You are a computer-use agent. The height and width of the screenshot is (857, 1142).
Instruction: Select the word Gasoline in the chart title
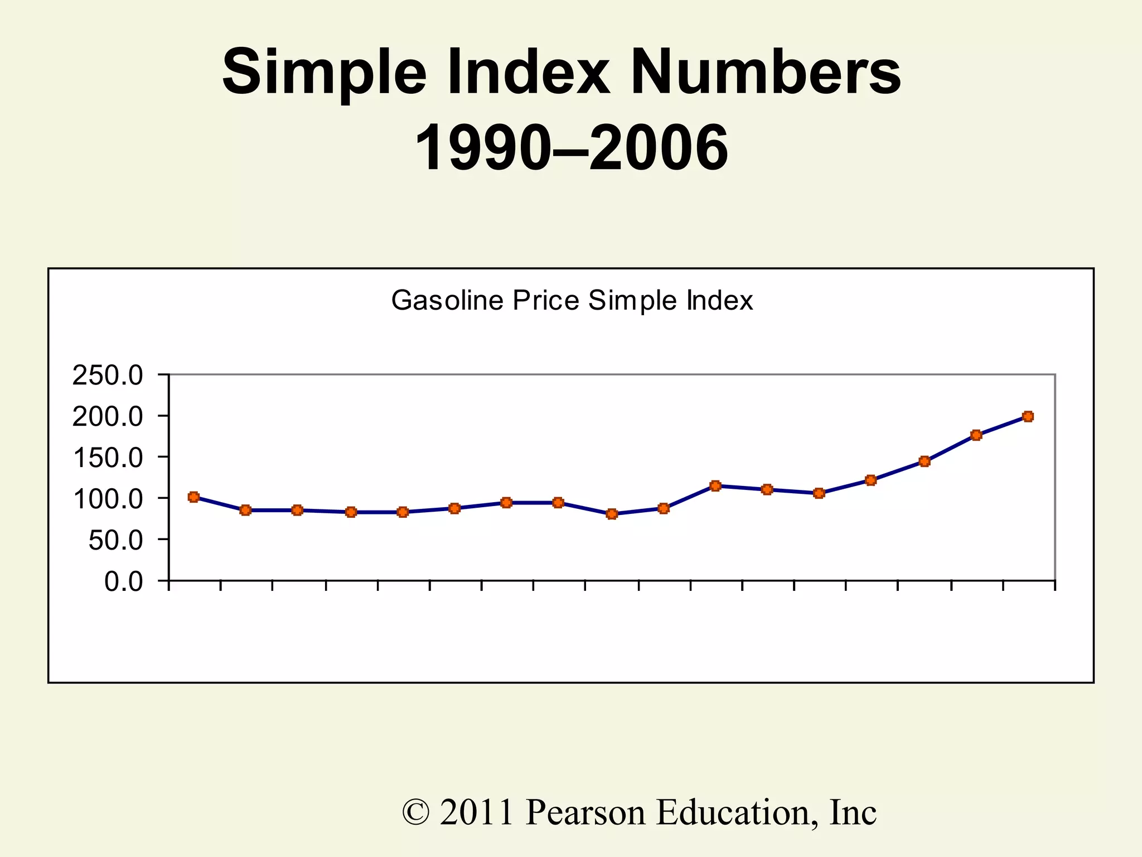(x=447, y=301)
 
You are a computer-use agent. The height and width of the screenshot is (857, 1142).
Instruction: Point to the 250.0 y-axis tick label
(x=108, y=376)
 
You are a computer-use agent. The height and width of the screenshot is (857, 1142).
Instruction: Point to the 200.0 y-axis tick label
(x=108, y=417)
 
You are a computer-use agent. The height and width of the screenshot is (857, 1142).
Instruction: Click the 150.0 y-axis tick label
(x=108, y=458)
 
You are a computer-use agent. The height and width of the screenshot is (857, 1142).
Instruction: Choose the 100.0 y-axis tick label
(x=108, y=499)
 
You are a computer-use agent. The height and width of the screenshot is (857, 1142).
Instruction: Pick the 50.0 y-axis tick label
(x=115, y=540)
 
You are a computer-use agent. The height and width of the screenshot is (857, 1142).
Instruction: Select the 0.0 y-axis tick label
(x=124, y=581)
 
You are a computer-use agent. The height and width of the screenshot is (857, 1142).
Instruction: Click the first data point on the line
(x=193, y=497)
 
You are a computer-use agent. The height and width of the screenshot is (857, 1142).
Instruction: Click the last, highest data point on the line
(x=1028, y=417)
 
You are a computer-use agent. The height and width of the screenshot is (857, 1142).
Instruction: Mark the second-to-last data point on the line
(x=976, y=435)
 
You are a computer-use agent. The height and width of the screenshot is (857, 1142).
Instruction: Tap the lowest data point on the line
(x=612, y=514)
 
